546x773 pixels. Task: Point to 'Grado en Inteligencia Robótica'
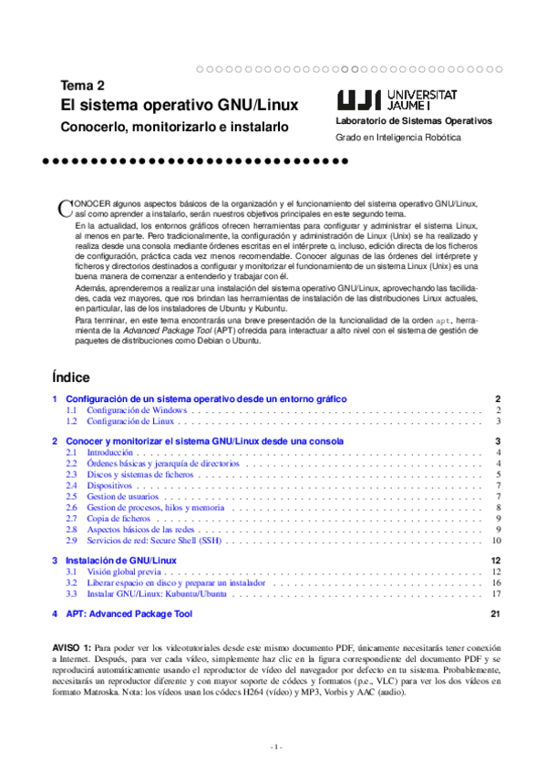click(398, 138)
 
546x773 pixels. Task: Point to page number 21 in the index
click(496, 614)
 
